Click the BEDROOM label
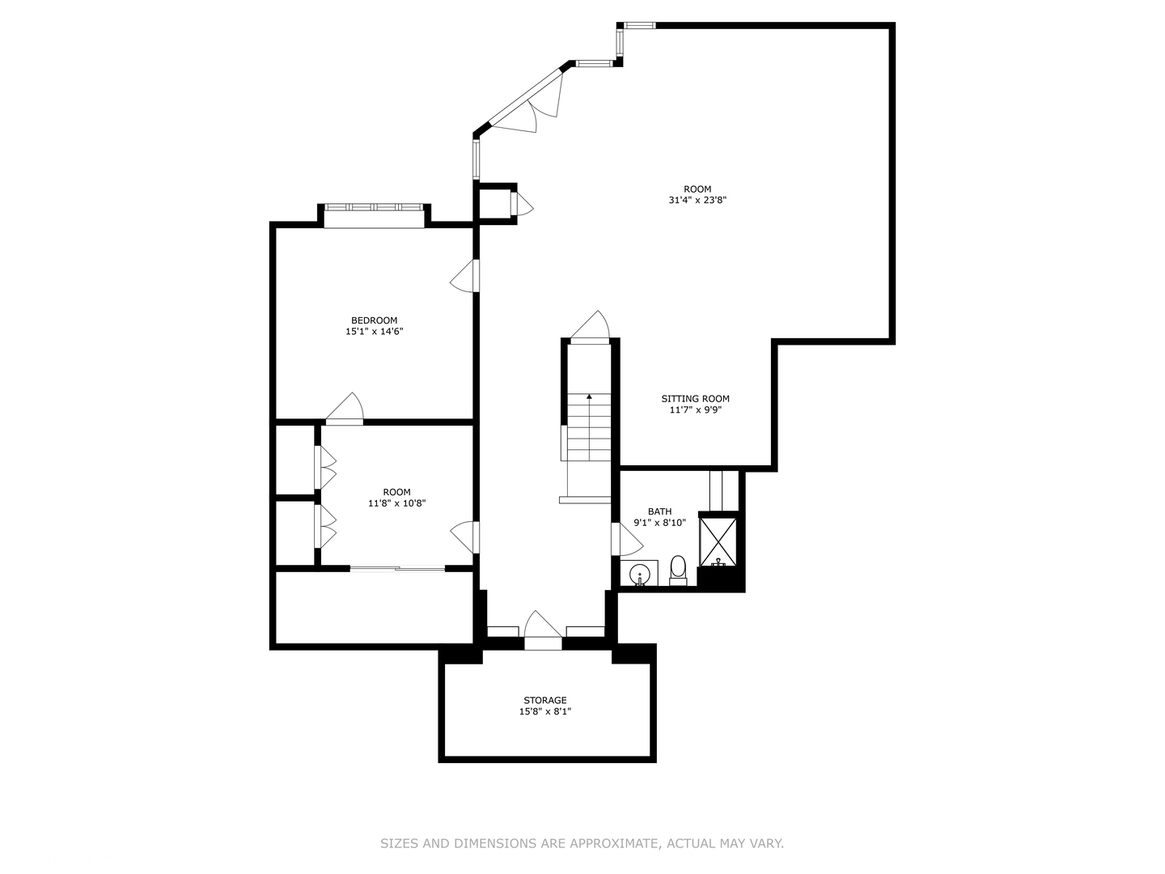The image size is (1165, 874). [x=374, y=320]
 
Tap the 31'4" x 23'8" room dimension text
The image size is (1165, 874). [x=692, y=201]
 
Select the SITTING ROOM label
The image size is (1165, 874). [x=695, y=398]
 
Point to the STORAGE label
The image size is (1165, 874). [x=544, y=700]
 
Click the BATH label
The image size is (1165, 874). [x=659, y=511]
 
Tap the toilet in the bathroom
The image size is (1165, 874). [x=678, y=570]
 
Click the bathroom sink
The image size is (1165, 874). [x=639, y=575]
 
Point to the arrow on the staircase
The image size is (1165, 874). [x=589, y=397]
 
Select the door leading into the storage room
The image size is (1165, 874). [x=542, y=629]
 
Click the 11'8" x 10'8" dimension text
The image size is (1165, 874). [x=396, y=503]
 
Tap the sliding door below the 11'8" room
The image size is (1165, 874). [x=397, y=569]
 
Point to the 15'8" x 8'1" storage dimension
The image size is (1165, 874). [x=544, y=712]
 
